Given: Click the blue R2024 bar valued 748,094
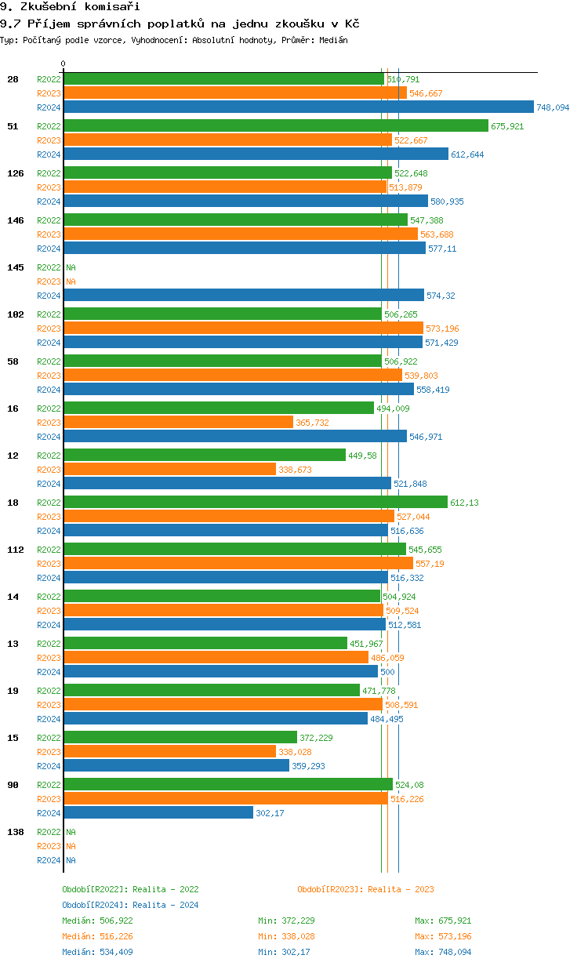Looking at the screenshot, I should coord(298,107).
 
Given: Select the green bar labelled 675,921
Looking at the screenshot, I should coord(275,125).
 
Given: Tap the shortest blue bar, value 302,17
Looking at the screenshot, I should coord(158,813).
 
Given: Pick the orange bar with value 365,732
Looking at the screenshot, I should coord(178,423).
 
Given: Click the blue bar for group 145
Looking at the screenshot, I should coord(243,296).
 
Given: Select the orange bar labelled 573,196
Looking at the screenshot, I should coord(243,329).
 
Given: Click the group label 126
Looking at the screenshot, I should coord(15,173).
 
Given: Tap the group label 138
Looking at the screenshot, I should coord(15,832).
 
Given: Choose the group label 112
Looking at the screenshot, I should coord(15,550).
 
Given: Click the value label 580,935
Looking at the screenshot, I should coord(447,202).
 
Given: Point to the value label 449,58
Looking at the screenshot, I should coord(362,456).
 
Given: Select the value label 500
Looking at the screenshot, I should coord(387,672).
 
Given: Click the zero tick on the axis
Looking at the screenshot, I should coord(64,64).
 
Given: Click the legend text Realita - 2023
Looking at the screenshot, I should coord(401,889).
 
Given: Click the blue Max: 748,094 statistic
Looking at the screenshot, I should coord(443,952).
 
